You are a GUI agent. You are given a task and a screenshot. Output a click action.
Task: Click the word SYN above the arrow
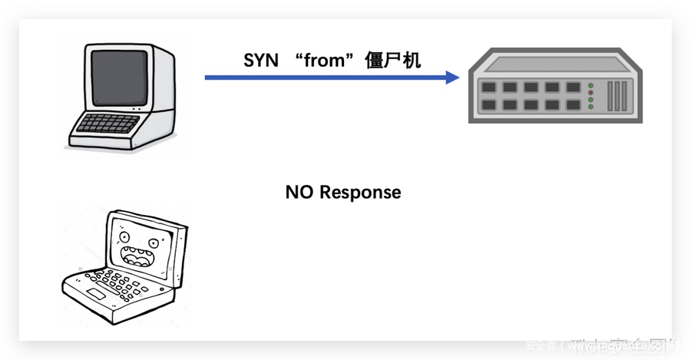point(261,61)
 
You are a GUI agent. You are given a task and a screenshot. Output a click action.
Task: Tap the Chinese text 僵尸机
point(393,61)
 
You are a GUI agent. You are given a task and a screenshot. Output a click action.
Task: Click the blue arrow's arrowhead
point(452,77)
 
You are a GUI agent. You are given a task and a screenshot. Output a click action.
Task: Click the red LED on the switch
point(590,84)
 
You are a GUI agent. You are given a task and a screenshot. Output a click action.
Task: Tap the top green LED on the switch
point(590,91)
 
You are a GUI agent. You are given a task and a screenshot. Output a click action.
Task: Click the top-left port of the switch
point(488,88)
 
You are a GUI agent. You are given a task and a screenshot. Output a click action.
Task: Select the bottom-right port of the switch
point(572,104)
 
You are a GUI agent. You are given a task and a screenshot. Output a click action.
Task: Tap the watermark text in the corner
point(607,348)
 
